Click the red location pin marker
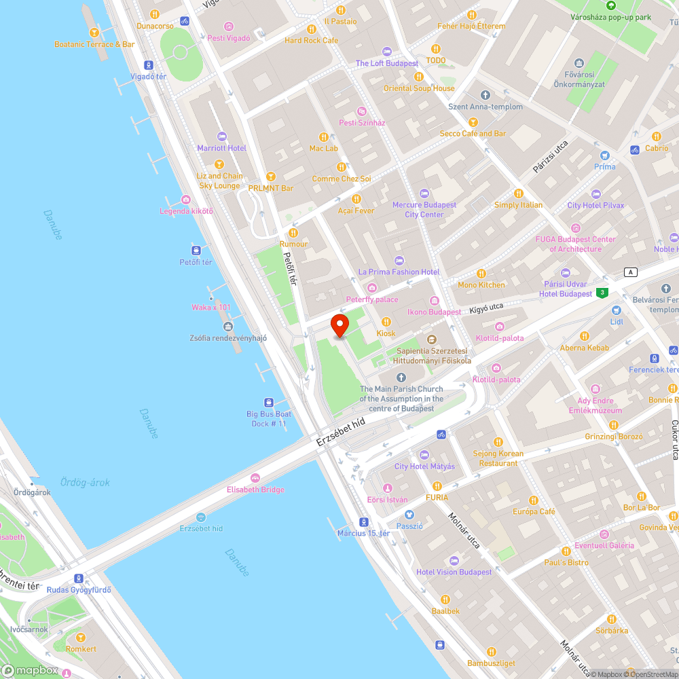click(x=339, y=326)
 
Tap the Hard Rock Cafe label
click(x=311, y=40)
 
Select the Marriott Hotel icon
click(x=221, y=136)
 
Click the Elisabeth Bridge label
click(x=255, y=490)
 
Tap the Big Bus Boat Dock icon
click(x=269, y=402)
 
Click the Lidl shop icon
click(x=617, y=310)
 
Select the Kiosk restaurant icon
click(x=386, y=322)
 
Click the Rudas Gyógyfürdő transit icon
click(x=80, y=579)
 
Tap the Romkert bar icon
click(x=81, y=637)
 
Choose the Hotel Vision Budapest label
click(x=454, y=572)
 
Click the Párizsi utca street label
click(x=550, y=156)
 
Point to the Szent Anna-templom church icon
click(x=485, y=95)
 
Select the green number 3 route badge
click(x=602, y=293)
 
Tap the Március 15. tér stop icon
click(x=364, y=521)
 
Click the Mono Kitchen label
click(x=481, y=285)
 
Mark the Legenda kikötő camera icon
click(x=186, y=200)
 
